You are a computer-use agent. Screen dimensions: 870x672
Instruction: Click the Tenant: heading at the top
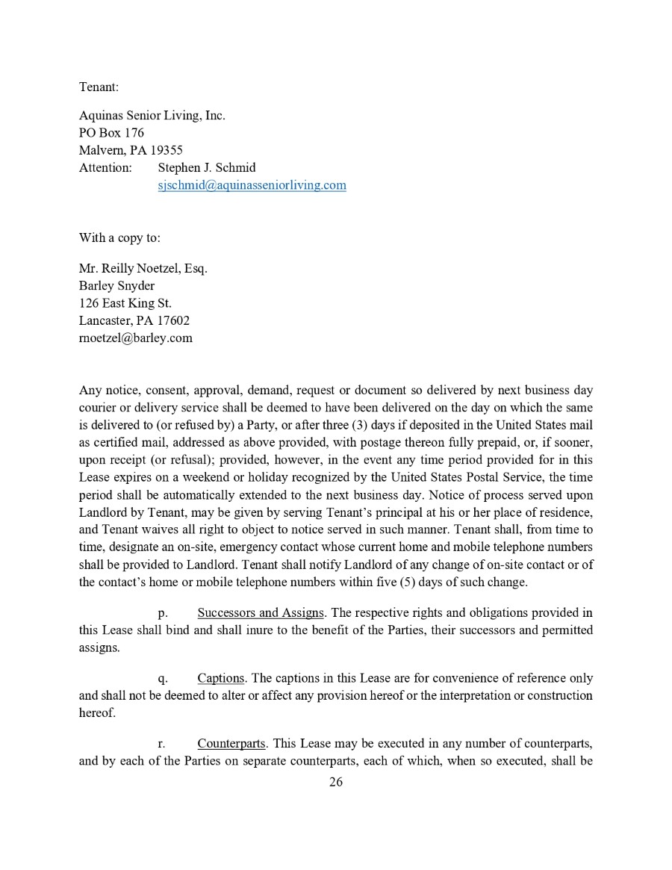pyautogui.click(x=99, y=87)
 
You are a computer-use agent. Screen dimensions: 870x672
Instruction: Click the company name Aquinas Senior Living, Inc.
pyautogui.click(x=152, y=116)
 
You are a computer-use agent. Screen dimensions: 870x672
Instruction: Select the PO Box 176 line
pyautogui.click(x=111, y=133)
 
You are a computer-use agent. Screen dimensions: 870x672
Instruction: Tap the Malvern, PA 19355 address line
pyautogui.click(x=131, y=150)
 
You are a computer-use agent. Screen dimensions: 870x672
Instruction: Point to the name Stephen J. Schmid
pyautogui.click(x=207, y=167)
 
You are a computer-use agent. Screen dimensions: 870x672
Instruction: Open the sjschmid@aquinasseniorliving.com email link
pyautogui.click(x=252, y=184)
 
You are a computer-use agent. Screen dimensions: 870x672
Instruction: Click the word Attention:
pyautogui.click(x=105, y=167)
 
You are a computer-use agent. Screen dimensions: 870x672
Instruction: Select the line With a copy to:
pyautogui.click(x=119, y=237)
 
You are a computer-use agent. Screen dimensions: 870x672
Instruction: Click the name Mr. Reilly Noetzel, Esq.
pyautogui.click(x=143, y=268)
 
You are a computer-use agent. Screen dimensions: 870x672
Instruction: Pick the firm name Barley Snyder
pyautogui.click(x=117, y=285)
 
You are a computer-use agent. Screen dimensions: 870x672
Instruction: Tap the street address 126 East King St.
pyautogui.click(x=125, y=302)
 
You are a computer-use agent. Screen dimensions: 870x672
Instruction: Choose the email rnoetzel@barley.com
pyautogui.click(x=136, y=338)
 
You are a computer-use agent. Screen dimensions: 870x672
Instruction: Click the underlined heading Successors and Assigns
pyautogui.click(x=260, y=613)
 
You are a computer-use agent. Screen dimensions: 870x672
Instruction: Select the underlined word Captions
pyautogui.click(x=221, y=678)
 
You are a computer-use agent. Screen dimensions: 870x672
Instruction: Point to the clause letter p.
pyautogui.click(x=162, y=614)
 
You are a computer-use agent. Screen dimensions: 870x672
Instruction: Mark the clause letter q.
pyautogui.click(x=162, y=679)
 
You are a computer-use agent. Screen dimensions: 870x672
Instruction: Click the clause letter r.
pyautogui.click(x=161, y=744)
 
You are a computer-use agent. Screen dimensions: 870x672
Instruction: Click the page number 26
pyautogui.click(x=336, y=782)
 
